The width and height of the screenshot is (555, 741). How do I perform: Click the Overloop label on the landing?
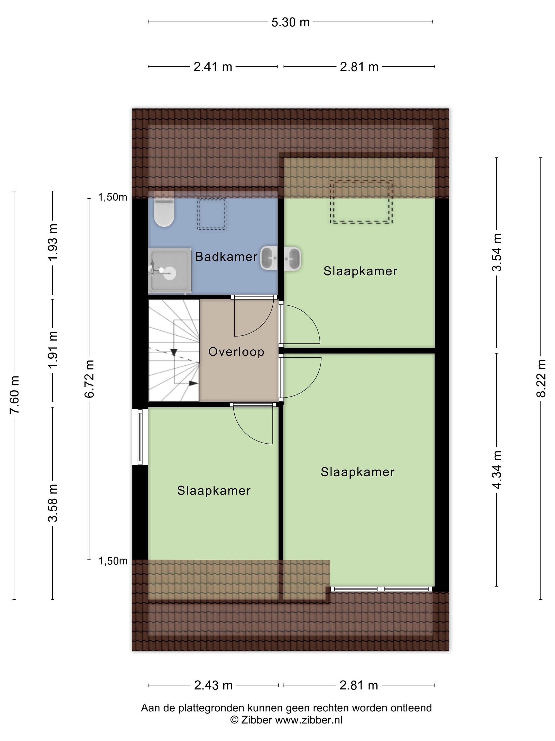[x=236, y=352]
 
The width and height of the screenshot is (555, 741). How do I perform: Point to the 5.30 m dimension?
[x=290, y=22]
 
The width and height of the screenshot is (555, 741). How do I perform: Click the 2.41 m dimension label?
[x=213, y=67]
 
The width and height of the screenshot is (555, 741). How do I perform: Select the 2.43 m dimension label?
[x=213, y=685]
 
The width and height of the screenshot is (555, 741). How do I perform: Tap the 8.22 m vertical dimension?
[x=541, y=378]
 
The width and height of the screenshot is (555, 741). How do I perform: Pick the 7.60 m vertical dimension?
[x=14, y=395]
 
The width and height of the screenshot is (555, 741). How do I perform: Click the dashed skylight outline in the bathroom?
[x=211, y=214]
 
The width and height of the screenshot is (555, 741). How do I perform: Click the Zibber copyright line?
[x=286, y=720]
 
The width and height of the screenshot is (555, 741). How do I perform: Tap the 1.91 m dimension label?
[x=52, y=349]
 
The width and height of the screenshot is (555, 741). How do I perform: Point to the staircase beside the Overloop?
[x=174, y=350]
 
